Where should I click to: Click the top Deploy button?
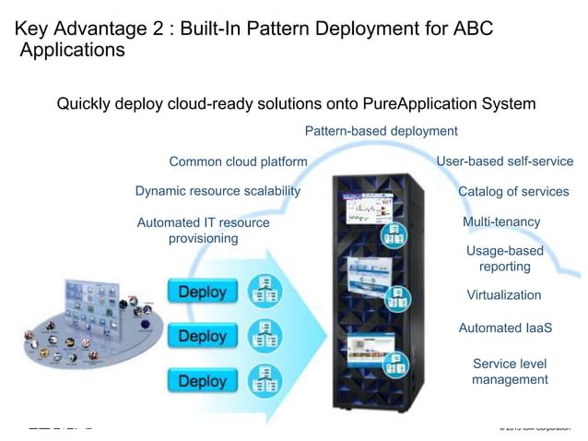202,292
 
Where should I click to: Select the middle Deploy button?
202,336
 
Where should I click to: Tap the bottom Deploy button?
202,380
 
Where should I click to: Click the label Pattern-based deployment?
381,131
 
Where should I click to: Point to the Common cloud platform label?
238,161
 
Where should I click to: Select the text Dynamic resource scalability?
218,191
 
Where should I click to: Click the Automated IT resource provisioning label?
203,231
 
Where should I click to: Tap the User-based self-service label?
504,161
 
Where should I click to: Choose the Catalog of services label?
513,192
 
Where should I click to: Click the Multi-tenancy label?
501,222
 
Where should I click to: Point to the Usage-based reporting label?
504,258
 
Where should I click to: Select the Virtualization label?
504,295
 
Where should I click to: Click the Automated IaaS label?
504,328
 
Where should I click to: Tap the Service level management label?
510,371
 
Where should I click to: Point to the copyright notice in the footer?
535,427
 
